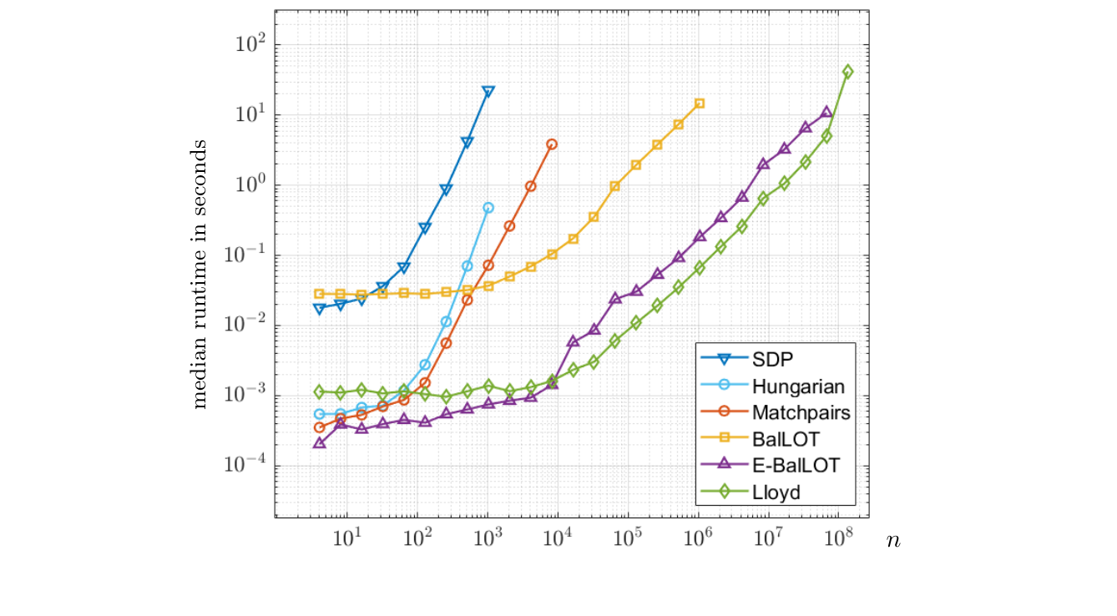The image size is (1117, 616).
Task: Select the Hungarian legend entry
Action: [797, 386]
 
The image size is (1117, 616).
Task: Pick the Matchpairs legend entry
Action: [801, 412]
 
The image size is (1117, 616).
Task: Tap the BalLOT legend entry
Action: [786, 439]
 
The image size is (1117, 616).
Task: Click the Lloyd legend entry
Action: [776, 492]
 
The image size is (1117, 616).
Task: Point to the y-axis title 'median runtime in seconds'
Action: [200, 273]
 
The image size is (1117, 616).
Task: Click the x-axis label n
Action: [893, 540]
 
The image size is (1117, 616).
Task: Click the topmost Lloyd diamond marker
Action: [848, 72]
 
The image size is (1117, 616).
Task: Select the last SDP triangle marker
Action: [488, 92]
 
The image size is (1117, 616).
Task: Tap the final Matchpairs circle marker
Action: [552, 144]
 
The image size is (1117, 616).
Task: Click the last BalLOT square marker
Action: [700, 104]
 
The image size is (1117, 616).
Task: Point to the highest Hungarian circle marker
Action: [488, 208]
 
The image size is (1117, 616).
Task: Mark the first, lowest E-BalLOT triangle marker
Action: [319, 443]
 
